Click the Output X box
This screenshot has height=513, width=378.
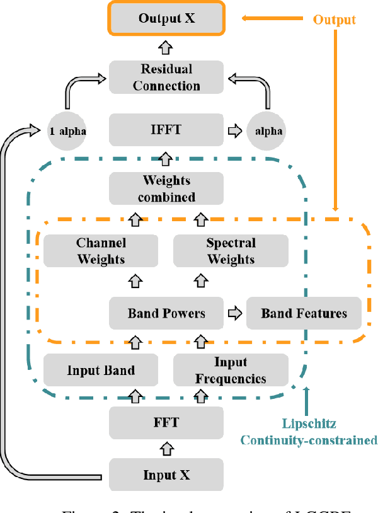[167, 18]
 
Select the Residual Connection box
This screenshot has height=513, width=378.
[167, 77]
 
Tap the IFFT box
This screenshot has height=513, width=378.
[167, 130]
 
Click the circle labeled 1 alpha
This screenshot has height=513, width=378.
[67, 131]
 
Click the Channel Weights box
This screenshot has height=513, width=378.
[101, 250]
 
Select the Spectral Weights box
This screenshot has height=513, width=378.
[231, 250]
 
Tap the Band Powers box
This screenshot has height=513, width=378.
[167, 313]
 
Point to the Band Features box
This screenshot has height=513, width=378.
[304, 313]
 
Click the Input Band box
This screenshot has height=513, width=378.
[101, 370]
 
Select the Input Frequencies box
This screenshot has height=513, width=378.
[231, 370]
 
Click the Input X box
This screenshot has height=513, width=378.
[167, 475]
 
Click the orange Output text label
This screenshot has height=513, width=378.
[335, 20]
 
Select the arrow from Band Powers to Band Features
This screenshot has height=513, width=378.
[234, 313]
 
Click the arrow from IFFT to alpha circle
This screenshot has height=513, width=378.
[234, 131]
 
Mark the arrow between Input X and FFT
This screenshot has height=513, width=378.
[167, 449]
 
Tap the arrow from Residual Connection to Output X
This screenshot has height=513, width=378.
[167, 47]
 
